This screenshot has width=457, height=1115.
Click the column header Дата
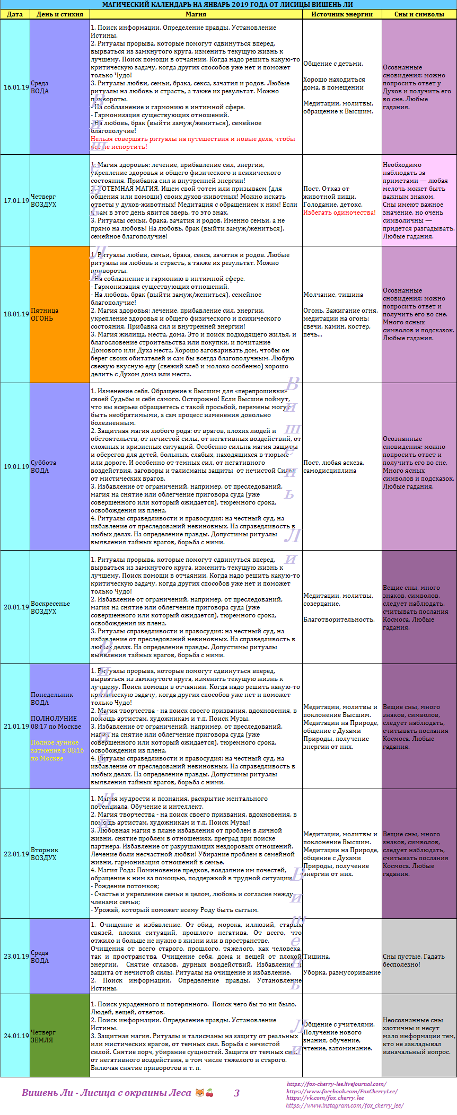coord(15,14)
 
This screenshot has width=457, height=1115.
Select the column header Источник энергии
coord(342,14)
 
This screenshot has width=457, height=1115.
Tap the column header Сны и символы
coord(419,14)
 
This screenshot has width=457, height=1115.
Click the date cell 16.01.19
coord(16,87)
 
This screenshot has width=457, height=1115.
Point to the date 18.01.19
coord(16,314)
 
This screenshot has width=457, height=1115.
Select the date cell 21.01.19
coord(16,727)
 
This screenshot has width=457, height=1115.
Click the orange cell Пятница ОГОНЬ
coord(59,314)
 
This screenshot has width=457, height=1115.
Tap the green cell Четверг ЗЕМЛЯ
coord(59,1036)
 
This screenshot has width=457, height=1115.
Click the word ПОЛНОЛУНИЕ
coord(54,719)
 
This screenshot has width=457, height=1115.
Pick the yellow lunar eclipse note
coord(57,750)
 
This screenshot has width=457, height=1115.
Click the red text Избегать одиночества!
coord(339,213)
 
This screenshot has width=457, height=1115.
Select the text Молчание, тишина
coord(333,295)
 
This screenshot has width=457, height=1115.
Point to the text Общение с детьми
coord(333,64)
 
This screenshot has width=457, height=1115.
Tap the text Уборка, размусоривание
coord(342,972)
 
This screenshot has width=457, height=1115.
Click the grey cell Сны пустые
coord(419,960)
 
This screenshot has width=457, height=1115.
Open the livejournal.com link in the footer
coord(336,1084)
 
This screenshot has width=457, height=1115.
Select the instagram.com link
coord(345,1105)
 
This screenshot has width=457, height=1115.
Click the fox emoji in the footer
coord(199,1093)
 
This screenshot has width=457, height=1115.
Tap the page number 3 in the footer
coord(236,1093)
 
